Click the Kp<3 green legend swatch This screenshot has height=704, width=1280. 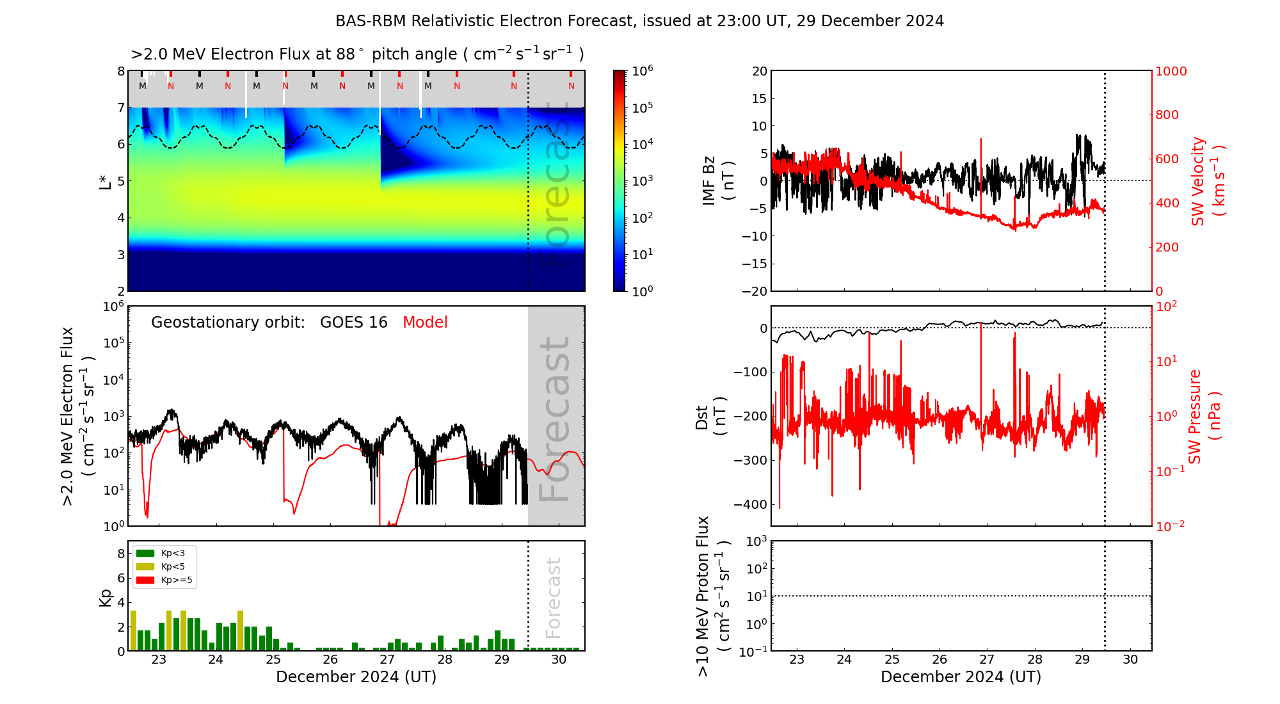coord(145,553)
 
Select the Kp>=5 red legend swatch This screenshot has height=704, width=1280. coord(145,580)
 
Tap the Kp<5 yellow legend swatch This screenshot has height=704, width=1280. coord(145,566)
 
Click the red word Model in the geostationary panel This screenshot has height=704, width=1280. coord(425,323)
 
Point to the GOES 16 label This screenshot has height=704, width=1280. coord(354,323)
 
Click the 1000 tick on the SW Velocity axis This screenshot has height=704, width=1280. coord(1171,71)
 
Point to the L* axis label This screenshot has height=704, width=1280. coord(106,180)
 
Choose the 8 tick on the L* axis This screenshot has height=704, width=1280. coord(121,71)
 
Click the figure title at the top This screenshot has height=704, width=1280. coord(639,21)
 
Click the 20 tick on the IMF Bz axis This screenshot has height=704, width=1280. coord(759,71)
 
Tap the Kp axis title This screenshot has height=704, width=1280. coord(106,597)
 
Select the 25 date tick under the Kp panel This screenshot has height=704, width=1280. coord(273,660)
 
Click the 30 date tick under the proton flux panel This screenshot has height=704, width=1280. coord(1130,660)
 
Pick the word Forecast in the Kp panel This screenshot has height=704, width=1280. coord(554,597)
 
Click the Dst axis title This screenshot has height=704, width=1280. coord(710,417)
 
